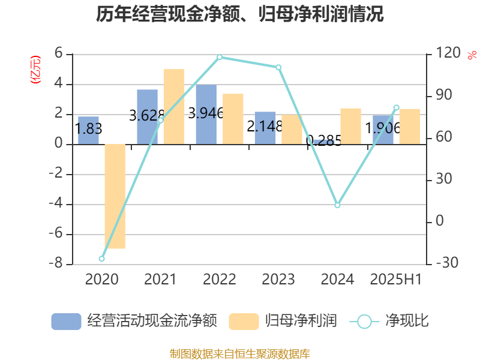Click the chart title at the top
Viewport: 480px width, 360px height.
pos(240,14)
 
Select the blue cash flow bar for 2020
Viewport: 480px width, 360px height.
pos(88,130)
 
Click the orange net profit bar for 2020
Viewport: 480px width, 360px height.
pos(115,196)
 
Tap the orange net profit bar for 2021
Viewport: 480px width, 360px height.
pos(174,107)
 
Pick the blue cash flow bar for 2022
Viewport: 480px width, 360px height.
pos(206,114)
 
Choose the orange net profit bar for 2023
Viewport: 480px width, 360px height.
pos(292,130)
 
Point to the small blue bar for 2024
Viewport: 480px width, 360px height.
pos(324,142)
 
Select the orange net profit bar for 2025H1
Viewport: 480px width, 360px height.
pos(410,127)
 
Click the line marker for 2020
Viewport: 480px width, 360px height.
pos(101,259)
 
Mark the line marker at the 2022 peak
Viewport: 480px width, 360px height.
pos(220,58)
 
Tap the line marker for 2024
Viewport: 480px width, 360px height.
pos(337,205)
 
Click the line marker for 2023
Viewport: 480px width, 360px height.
pos(278,67)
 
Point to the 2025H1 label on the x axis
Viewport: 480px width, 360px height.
pos(396,280)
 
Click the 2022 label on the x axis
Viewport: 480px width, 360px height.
pos(220,280)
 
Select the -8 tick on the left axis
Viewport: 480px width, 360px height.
pos(59,265)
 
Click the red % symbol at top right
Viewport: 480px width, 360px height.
pos(472,55)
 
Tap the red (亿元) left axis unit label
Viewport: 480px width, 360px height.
pos(35,70)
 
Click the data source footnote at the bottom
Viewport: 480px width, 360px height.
pos(240,353)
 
